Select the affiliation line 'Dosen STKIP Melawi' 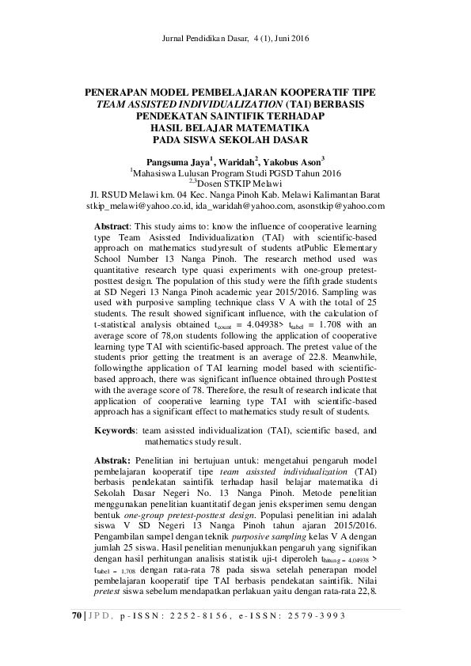tap(237, 183)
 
